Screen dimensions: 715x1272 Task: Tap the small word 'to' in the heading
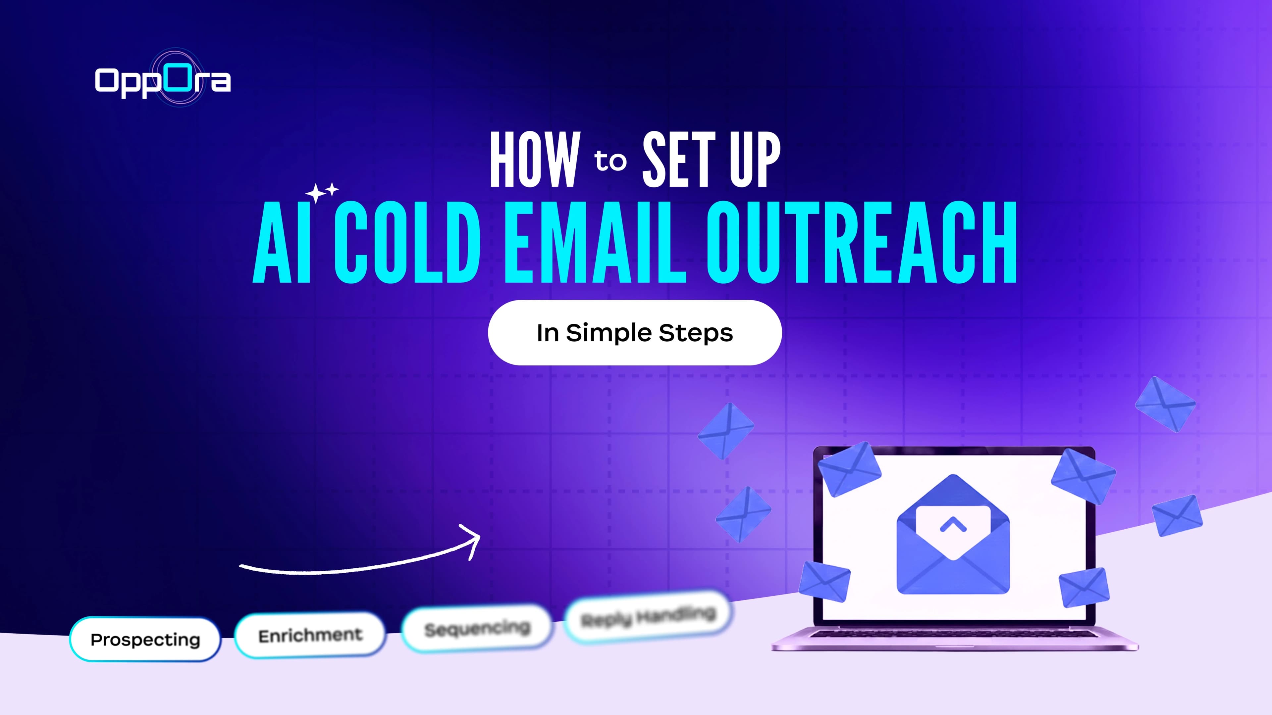click(610, 161)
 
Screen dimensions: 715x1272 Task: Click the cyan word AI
click(283, 242)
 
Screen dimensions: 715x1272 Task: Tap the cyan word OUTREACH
click(861, 242)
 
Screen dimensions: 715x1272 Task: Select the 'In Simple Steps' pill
click(635, 333)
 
